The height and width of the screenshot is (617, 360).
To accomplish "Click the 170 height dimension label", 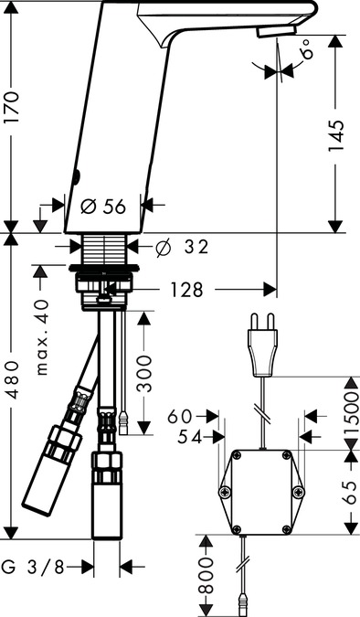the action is tap(11, 108).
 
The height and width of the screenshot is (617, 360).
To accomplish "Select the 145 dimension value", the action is tap(336, 136).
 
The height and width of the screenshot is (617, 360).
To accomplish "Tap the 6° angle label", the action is tap(308, 48).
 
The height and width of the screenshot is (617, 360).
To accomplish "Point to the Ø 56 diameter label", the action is tap(103, 207).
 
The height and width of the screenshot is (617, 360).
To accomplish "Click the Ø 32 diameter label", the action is tap(182, 247).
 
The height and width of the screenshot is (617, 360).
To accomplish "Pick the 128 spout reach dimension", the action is tap(186, 290).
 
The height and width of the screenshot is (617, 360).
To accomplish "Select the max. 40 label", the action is tap(42, 337).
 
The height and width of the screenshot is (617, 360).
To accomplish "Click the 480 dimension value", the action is tap(12, 380).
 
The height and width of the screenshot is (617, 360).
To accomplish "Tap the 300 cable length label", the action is tap(144, 374).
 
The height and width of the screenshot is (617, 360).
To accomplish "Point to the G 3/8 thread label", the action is tap(33, 567).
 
